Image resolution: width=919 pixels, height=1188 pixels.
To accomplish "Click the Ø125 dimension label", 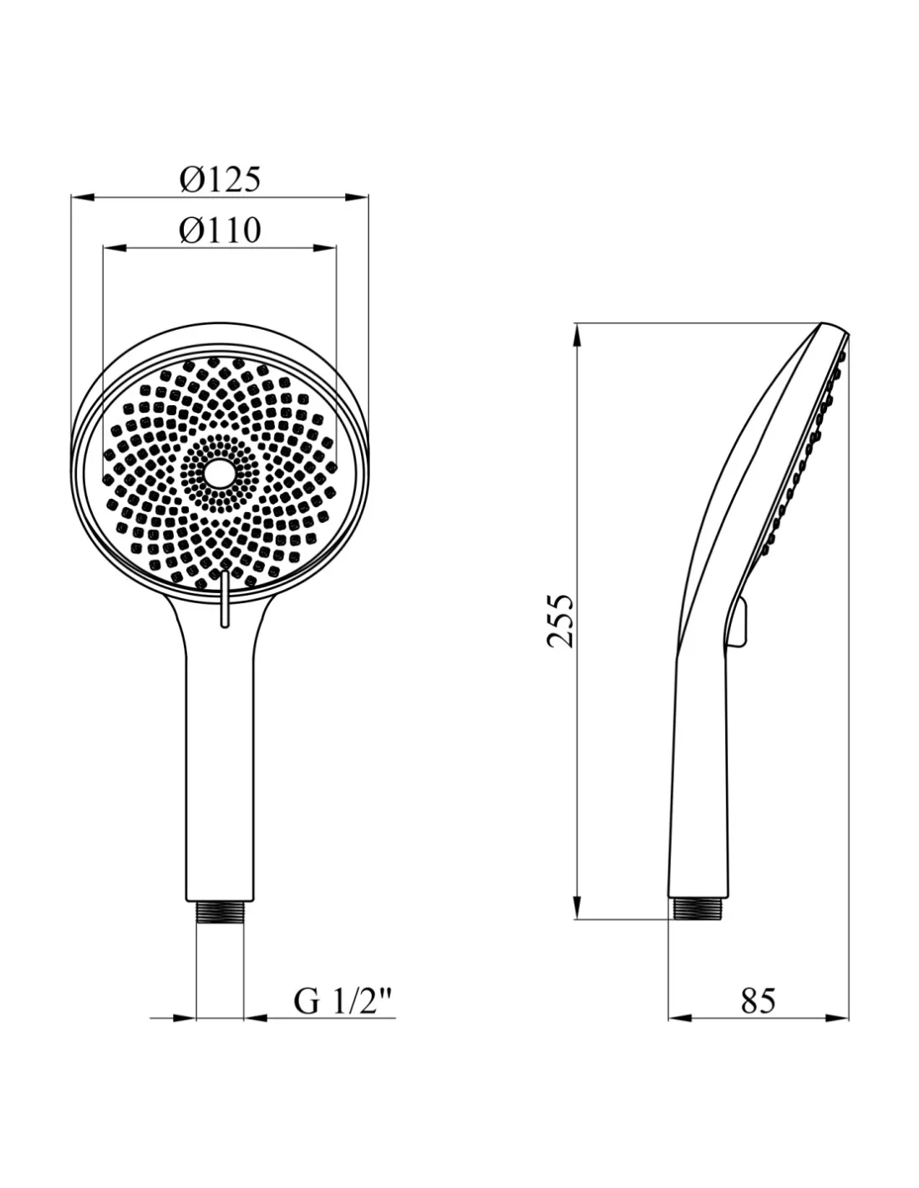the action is [x=220, y=179].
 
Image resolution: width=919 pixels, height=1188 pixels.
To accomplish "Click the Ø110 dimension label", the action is [x=220, y=231].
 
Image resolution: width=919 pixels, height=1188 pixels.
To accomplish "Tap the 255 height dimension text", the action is [x=561, y=621].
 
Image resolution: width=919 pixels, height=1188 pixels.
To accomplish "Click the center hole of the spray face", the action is [x=219, y=471].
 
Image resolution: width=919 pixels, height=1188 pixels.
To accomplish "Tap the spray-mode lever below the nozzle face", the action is [x=224, y=599].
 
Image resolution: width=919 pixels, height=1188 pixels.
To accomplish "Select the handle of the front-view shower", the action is [x=220, y=765].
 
